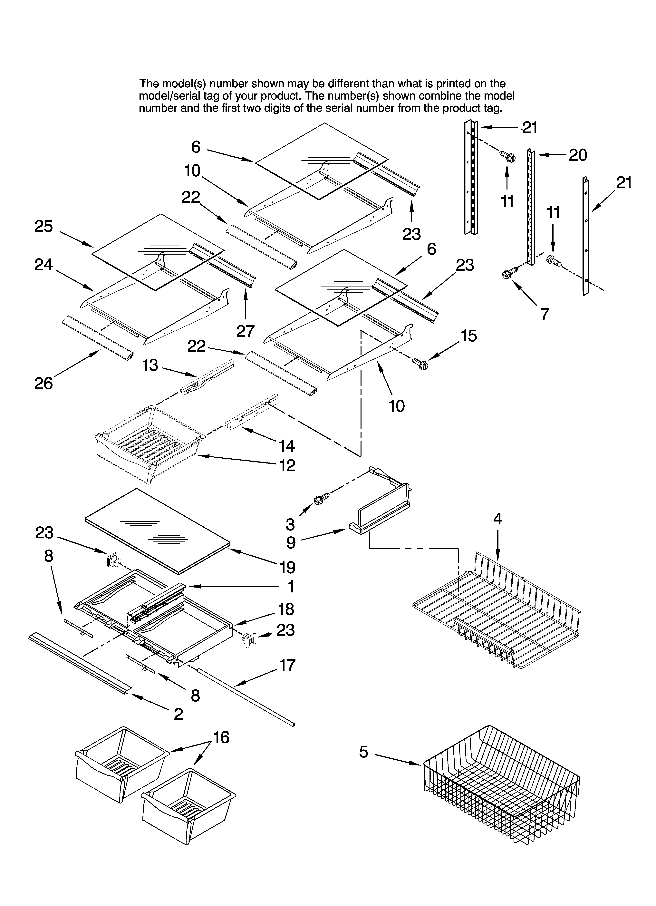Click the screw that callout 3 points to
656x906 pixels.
(x=321, y=499)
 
